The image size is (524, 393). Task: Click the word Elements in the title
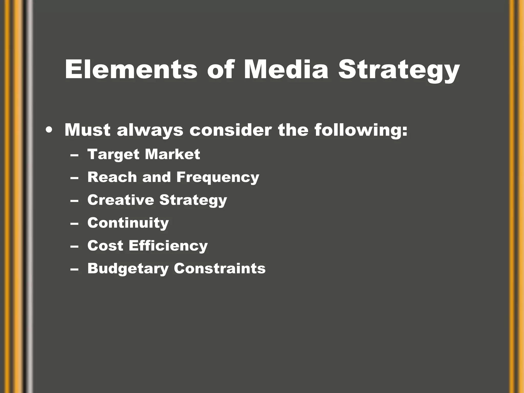[131, 70]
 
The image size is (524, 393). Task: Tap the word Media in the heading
[286, 70]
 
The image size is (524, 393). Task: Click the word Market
[172, 154]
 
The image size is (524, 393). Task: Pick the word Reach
[112, 177]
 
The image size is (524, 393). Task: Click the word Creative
[120, 200]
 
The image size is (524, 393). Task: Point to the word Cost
[105, 246]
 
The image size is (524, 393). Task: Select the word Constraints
[220, 268]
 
